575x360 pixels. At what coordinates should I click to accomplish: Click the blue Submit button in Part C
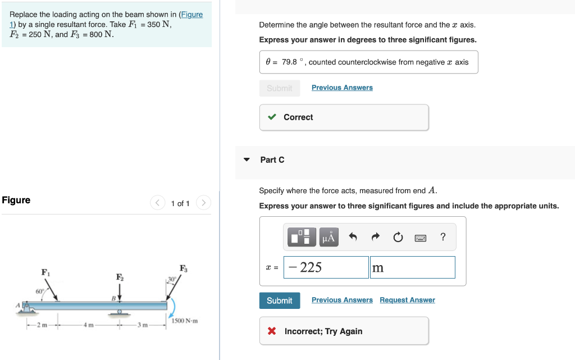[279, 300]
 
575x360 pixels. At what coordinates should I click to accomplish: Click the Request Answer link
[407, 300]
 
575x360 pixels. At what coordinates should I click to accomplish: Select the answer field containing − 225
[326, 267]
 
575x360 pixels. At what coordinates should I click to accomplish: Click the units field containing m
[412, 267]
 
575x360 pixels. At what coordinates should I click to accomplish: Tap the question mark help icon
[443, 237]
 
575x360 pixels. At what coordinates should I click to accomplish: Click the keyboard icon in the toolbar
[421, 238]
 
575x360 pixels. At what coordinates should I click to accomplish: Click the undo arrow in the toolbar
[353, 237]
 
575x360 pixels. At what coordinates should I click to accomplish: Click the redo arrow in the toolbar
[375, 237]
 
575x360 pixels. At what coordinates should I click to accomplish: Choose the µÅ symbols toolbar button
[328, 237]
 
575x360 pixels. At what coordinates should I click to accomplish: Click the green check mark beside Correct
[272, 117]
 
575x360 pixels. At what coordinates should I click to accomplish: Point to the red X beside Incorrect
[272, 331]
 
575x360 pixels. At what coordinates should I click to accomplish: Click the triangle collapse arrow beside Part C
[247, 160]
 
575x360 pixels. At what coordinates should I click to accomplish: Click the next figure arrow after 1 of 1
[204, 203]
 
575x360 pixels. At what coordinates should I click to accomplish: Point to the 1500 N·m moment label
[186, 321]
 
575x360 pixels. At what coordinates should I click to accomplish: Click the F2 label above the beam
[119, 277]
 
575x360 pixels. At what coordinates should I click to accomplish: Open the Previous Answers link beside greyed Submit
[342, 88]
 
